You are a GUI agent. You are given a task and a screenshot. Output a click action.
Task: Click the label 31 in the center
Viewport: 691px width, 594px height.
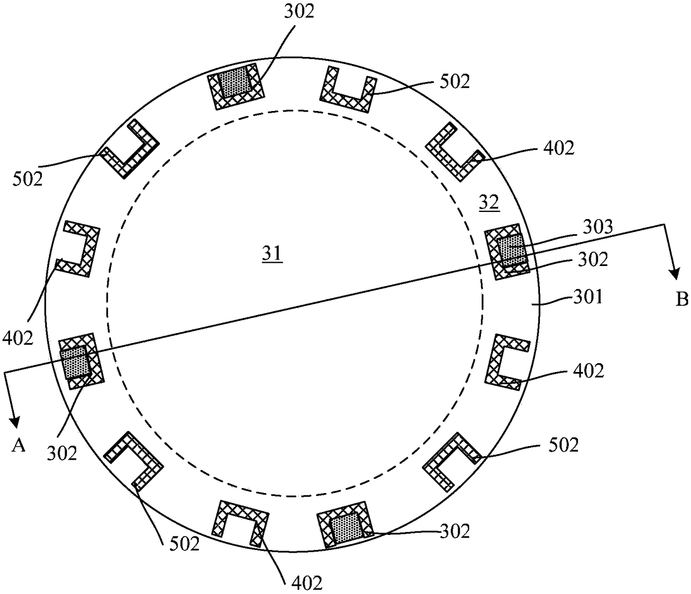(x=272, y=254)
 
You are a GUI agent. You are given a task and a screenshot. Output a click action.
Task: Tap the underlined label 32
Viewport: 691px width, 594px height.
(x=489, y=203)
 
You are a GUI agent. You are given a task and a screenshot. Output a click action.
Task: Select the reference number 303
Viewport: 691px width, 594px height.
(x=597, y=227)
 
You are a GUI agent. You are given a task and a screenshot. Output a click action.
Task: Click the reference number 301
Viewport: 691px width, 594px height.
(x=588, y=296)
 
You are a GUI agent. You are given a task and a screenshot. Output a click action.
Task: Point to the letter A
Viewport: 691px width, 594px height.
(x=18, y=446)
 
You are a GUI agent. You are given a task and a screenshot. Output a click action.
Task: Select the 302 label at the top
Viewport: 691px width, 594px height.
(x=299, y=12)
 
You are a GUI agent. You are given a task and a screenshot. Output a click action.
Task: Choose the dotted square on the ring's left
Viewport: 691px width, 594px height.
(x=76, y=363)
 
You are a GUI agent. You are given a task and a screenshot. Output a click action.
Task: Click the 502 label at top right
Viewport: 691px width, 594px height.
(x=455, y=81)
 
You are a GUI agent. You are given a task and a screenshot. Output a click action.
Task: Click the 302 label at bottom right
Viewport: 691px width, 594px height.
(x=455, y=531)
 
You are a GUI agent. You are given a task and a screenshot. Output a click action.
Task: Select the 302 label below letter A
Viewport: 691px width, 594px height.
(x=61, y=453)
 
